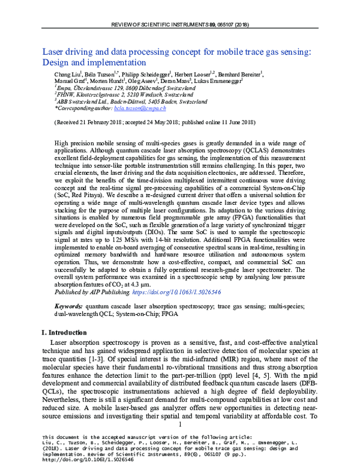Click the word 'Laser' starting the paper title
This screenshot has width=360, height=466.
pyautogui.click(x=53, y=52)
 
